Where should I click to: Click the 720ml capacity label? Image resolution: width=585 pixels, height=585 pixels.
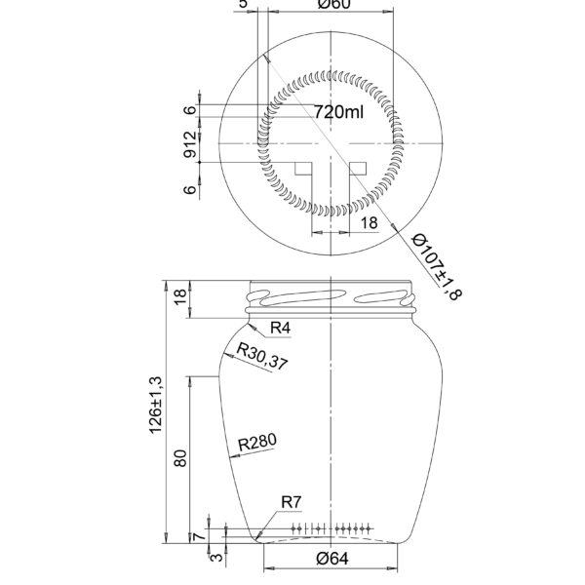point(338,113)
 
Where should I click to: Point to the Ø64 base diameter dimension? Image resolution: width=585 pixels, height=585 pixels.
point(332,560)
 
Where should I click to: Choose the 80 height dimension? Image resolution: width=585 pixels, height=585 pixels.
point(180,458)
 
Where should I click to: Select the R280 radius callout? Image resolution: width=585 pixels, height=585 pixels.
point(257,444)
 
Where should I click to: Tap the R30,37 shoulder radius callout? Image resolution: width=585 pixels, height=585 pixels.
point(263,360)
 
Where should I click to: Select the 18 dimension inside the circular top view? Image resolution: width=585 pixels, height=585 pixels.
point(369,223)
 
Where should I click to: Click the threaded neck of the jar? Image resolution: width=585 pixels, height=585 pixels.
point(332,295)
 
